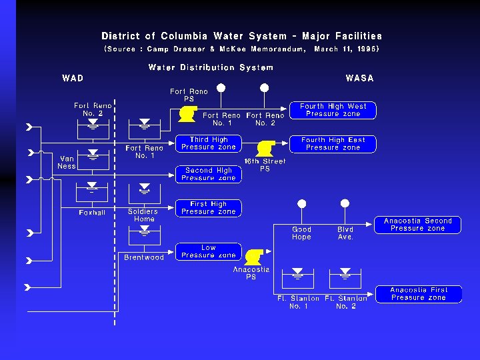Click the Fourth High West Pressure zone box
click(x=333, y=110)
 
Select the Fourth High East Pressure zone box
click(x=333, y=144)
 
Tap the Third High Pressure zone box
click(x=208, y=143)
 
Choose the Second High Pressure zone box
click(x=208, y=174)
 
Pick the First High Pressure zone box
click(x=208, y=208)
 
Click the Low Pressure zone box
click(x=208, y=251)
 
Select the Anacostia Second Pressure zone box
click(x=417, y=225)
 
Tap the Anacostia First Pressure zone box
click(x=417, y=294)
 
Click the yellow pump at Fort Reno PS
click(x=187, y=114)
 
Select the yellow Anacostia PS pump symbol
click(x=253, y=257)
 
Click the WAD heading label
click(x=73, y=78)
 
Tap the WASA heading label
click(x=359, y=78)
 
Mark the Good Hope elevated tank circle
click(x=301, y=204)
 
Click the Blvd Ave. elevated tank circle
click(x=345, y=204)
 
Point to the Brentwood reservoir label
click(x=144, y=257)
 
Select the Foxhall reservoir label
click(x=92, y=213)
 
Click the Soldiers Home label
click(x=144, y=215)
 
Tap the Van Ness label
click(x=67, y=162)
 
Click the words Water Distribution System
click(x=211, y=67)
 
